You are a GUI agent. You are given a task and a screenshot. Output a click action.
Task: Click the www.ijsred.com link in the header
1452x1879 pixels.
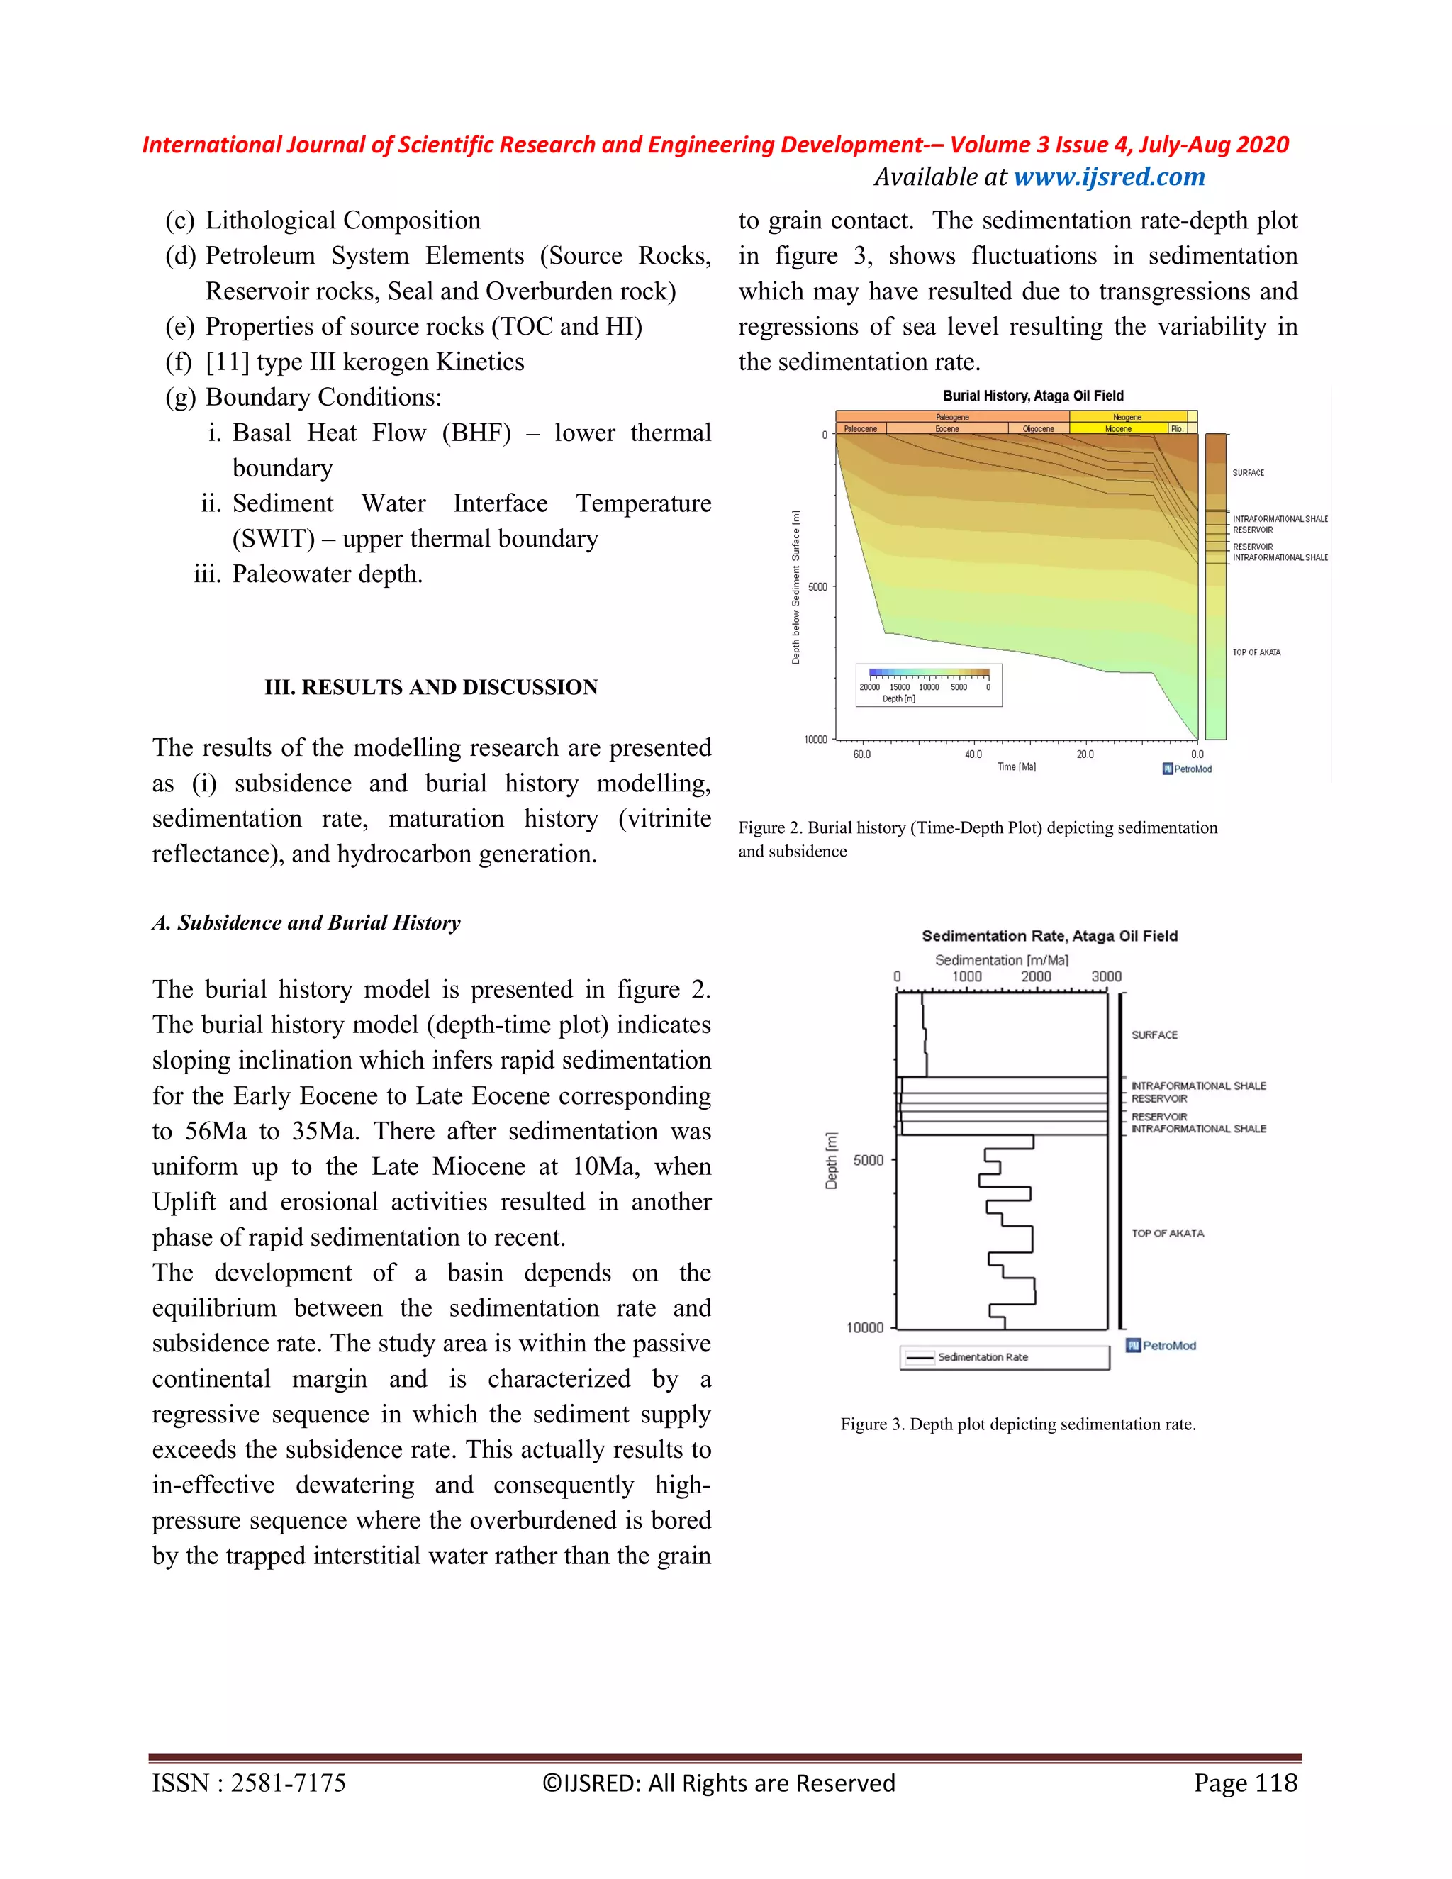point(1109,177)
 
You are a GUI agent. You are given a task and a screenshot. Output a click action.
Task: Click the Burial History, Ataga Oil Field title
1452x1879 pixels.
point(1032,396)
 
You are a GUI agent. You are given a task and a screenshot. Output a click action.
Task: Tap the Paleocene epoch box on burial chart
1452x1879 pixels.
point(860,428)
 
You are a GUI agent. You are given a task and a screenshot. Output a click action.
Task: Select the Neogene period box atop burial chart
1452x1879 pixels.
point(1127,417)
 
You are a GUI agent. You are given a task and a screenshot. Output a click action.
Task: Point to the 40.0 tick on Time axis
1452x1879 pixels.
point(973,754)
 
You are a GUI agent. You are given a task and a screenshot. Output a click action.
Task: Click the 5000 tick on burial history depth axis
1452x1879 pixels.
point(817,587)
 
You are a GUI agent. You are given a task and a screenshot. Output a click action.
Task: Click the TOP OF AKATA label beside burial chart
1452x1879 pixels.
point(1256,652)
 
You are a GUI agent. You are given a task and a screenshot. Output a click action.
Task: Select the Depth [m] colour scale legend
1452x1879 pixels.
point(928,685)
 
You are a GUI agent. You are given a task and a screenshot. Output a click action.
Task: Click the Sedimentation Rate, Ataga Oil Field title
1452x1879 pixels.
point(1049,936)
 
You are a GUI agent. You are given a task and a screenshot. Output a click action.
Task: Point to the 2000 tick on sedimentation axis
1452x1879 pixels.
point(1036,976)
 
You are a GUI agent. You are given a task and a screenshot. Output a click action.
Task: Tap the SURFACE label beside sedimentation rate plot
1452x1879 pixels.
point(1154,1035)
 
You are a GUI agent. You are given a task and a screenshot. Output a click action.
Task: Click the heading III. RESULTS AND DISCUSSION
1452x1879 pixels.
point(431,687)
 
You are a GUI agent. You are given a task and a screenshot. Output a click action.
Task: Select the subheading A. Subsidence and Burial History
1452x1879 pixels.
point(306,922)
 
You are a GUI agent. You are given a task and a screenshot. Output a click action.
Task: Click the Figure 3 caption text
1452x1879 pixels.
point(1017,1424)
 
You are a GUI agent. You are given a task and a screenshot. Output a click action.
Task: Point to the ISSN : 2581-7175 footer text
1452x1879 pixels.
point(250,1783)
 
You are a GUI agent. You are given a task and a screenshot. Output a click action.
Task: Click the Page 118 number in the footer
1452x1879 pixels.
point(1245,1783)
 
